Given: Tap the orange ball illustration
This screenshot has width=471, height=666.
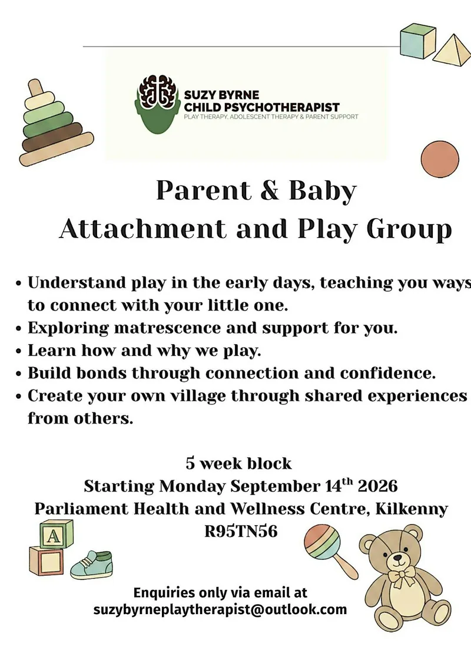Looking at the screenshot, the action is pyautogui.click(x=440, y=159).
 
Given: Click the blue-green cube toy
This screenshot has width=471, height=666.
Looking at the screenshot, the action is pyautogui.click(x=418, y=41).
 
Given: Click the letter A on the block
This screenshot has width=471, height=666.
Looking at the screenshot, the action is pyautogui.click(x=54, y=536).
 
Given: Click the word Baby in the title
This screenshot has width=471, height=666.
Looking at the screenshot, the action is pyautogui.click(x=323, y=191).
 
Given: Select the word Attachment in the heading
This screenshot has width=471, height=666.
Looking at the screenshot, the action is pyautogui.click(x=143, y=229).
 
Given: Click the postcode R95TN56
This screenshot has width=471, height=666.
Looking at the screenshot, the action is pyautogui.click(x=241, y=532).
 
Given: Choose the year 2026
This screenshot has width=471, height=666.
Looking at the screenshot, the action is pyautogui.click(x=377, y=486).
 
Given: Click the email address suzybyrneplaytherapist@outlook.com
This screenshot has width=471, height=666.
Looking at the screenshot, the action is pyautogui.click(x=220, y=610).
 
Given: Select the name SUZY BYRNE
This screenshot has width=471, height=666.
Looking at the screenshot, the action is pyautogui.click(x=221, y=95).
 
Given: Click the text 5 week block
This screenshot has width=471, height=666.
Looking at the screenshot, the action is pyautogui.click(x=238, y=463).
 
